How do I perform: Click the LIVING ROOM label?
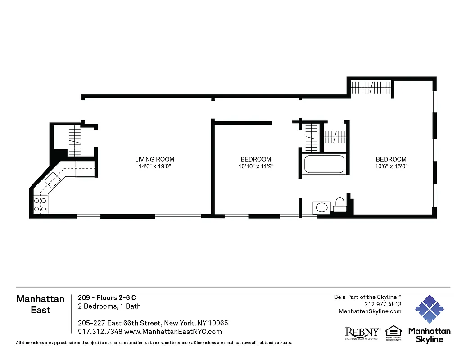pos(154,159)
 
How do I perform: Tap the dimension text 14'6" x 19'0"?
pos(154,166)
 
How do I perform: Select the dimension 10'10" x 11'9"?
pos(256,166)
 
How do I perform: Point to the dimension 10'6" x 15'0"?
pos(391,166)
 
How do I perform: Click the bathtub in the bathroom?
pos(325,164)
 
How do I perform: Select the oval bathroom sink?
pos(321,207)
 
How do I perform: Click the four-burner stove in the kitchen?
pos(41,205)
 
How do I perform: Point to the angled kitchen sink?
pos(53,180)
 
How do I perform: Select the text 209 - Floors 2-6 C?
pos(107,297)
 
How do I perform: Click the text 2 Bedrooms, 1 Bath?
pos(109,306)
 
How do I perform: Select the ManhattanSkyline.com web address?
pos(370,311)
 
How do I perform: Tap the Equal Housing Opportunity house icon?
pos(394,331)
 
